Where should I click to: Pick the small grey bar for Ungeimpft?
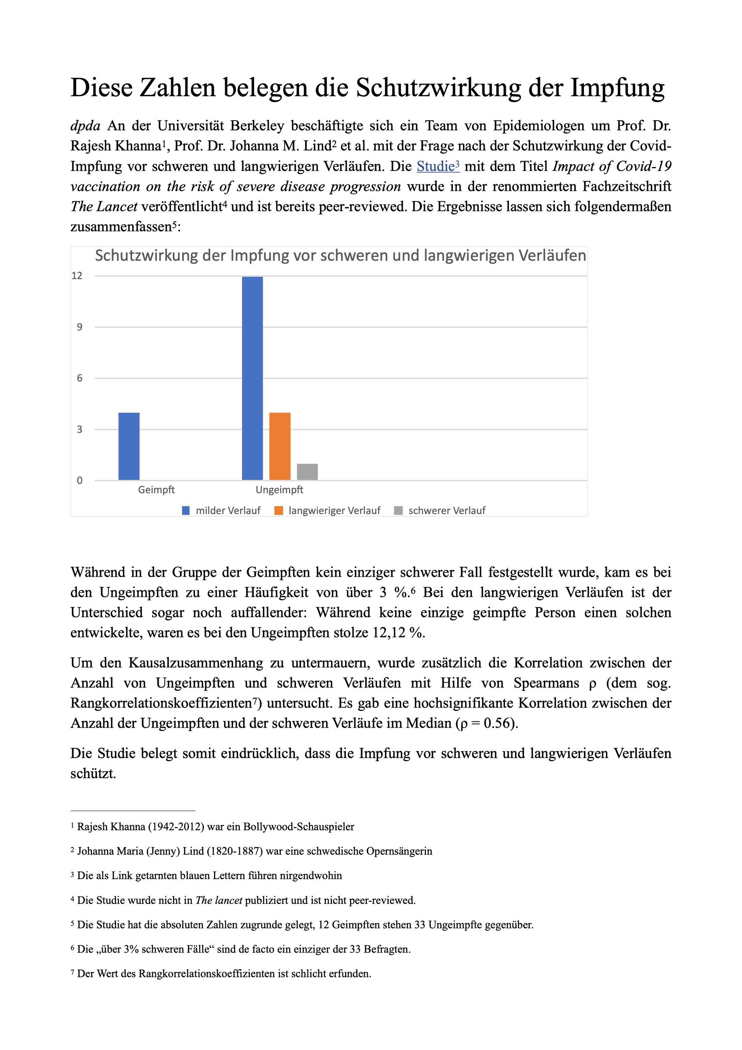(x=307, y=472)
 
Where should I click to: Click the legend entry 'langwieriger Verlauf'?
(x=334, y=510)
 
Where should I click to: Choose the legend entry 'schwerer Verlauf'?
(x=447, y=510)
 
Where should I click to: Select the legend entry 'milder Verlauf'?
(x=228, y=510)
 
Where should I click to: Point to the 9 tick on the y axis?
(x=80, y=327)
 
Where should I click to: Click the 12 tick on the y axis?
(x=77, y=275)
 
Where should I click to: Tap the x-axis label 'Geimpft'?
(x=157, y=490)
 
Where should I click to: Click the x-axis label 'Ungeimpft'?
(x=279, y=490)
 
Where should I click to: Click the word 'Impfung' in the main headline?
(x=617, y=87)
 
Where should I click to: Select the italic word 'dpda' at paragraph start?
(x=85, y=125)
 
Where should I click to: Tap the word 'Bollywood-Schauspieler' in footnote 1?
(x=298, y=827)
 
